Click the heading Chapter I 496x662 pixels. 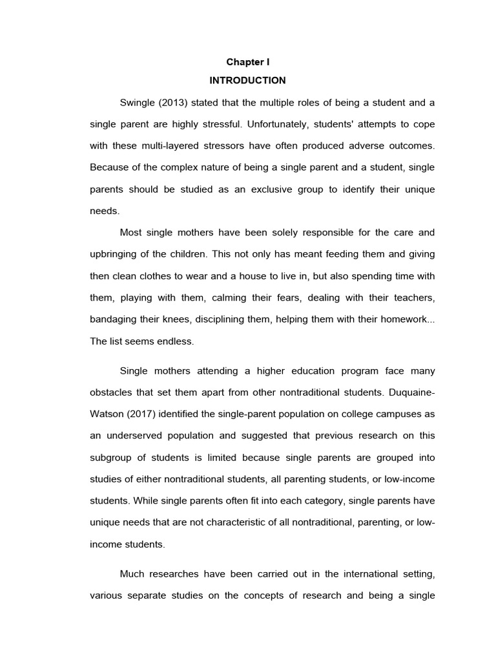[x=247, y=62]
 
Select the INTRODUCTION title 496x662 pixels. [x=247, y=81]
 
